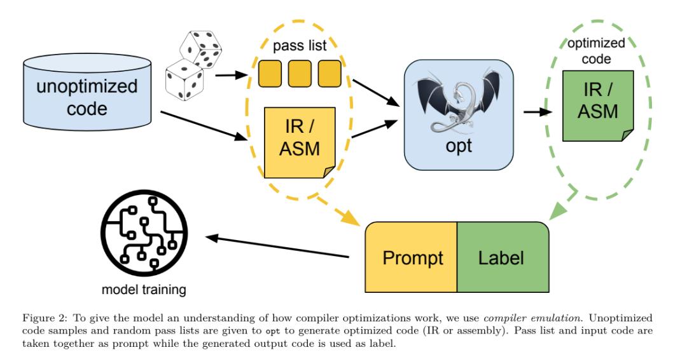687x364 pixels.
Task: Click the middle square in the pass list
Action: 300,74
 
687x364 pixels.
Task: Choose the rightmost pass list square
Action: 329,74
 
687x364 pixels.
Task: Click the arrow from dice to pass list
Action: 230,76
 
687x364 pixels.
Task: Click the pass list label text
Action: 299,46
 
